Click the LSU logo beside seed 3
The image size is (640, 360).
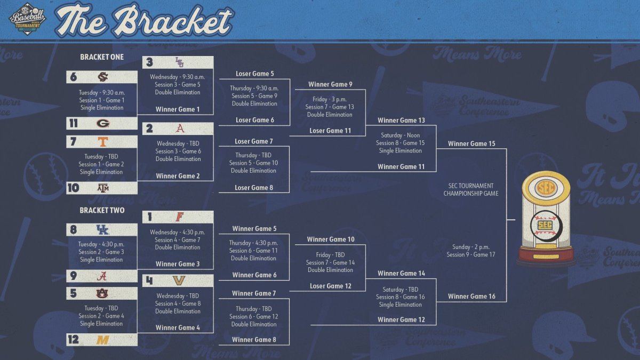[179, 62]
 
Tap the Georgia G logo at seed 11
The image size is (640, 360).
[103, 123]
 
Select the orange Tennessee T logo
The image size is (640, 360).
[103, 142]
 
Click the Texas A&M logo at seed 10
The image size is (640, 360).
[103, 188]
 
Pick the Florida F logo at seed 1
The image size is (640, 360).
[179, 217]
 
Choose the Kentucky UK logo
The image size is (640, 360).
[102, 230]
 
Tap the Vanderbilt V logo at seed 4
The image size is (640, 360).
[179, 281]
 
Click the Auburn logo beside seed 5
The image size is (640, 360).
[102, 293]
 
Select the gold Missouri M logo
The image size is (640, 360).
[102, 340]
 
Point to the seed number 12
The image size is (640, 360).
[74, 340]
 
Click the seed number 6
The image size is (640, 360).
[74, 77]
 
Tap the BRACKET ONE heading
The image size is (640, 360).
[102, 57]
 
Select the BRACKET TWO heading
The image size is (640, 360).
[102, 211]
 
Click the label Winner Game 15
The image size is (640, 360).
[471, 143]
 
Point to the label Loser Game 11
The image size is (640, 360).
[330, 131]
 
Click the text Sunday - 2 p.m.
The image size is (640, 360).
[471, 247]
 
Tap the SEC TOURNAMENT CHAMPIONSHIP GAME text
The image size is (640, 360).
[471, 190]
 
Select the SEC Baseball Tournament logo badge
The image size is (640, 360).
[27, 19]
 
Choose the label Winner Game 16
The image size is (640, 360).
[471, 297]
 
